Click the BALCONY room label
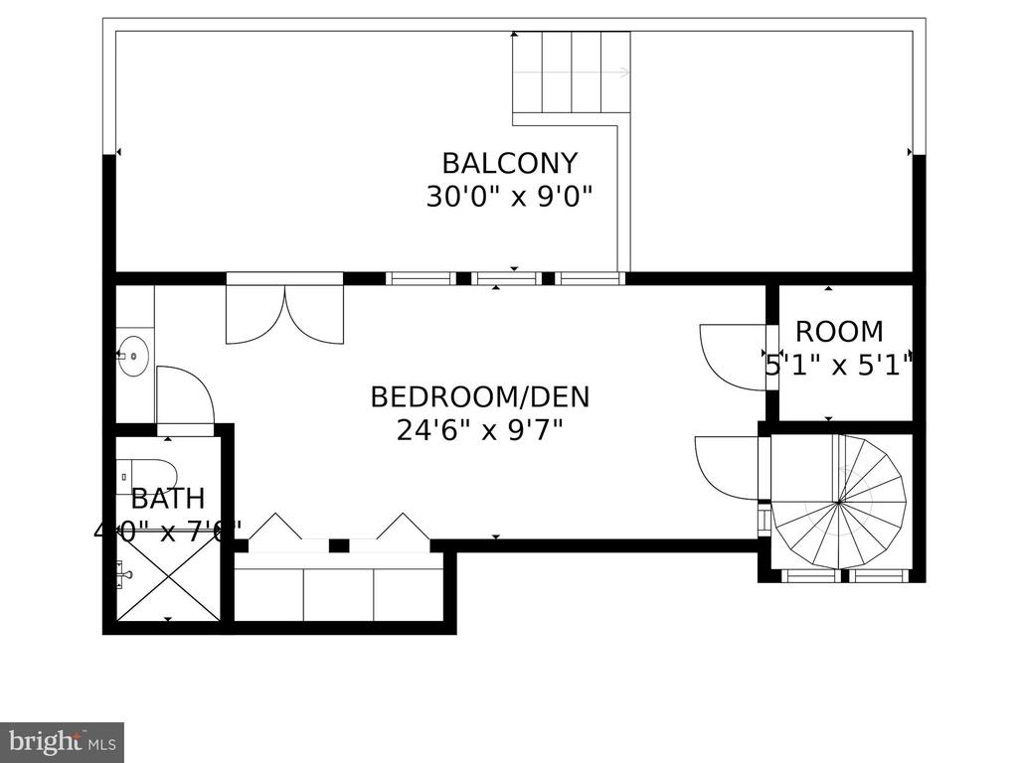pyautogui.click(x=509, y=162)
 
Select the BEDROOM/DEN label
pyautogui.click(x=480, y=397)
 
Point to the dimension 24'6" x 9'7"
pyautogui.click(x=480, y=430)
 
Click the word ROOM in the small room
pyautogui.click(x=839, y=332)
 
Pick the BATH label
pyautogui.click(x=167, y=498)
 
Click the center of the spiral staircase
pyautogui.click(x=840, y=503)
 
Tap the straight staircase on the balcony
pyautogui.click(x=572, y=72)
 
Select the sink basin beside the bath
pyautogui.click(x=132, y=355)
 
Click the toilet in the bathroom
pyautogui.click(x=147, y=474)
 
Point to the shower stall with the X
pyautogui.click(x=167, y=576)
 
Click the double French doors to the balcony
pyautogui.click(x=285, y=310)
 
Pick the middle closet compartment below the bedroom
pyautogui.click(x=338, y=594)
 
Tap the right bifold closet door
pyautogui.click(x=403, y=527)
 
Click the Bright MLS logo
pyautogui.click(x=62, y=740)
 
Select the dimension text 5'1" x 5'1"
pyautogui.click(x=839, y=366)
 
